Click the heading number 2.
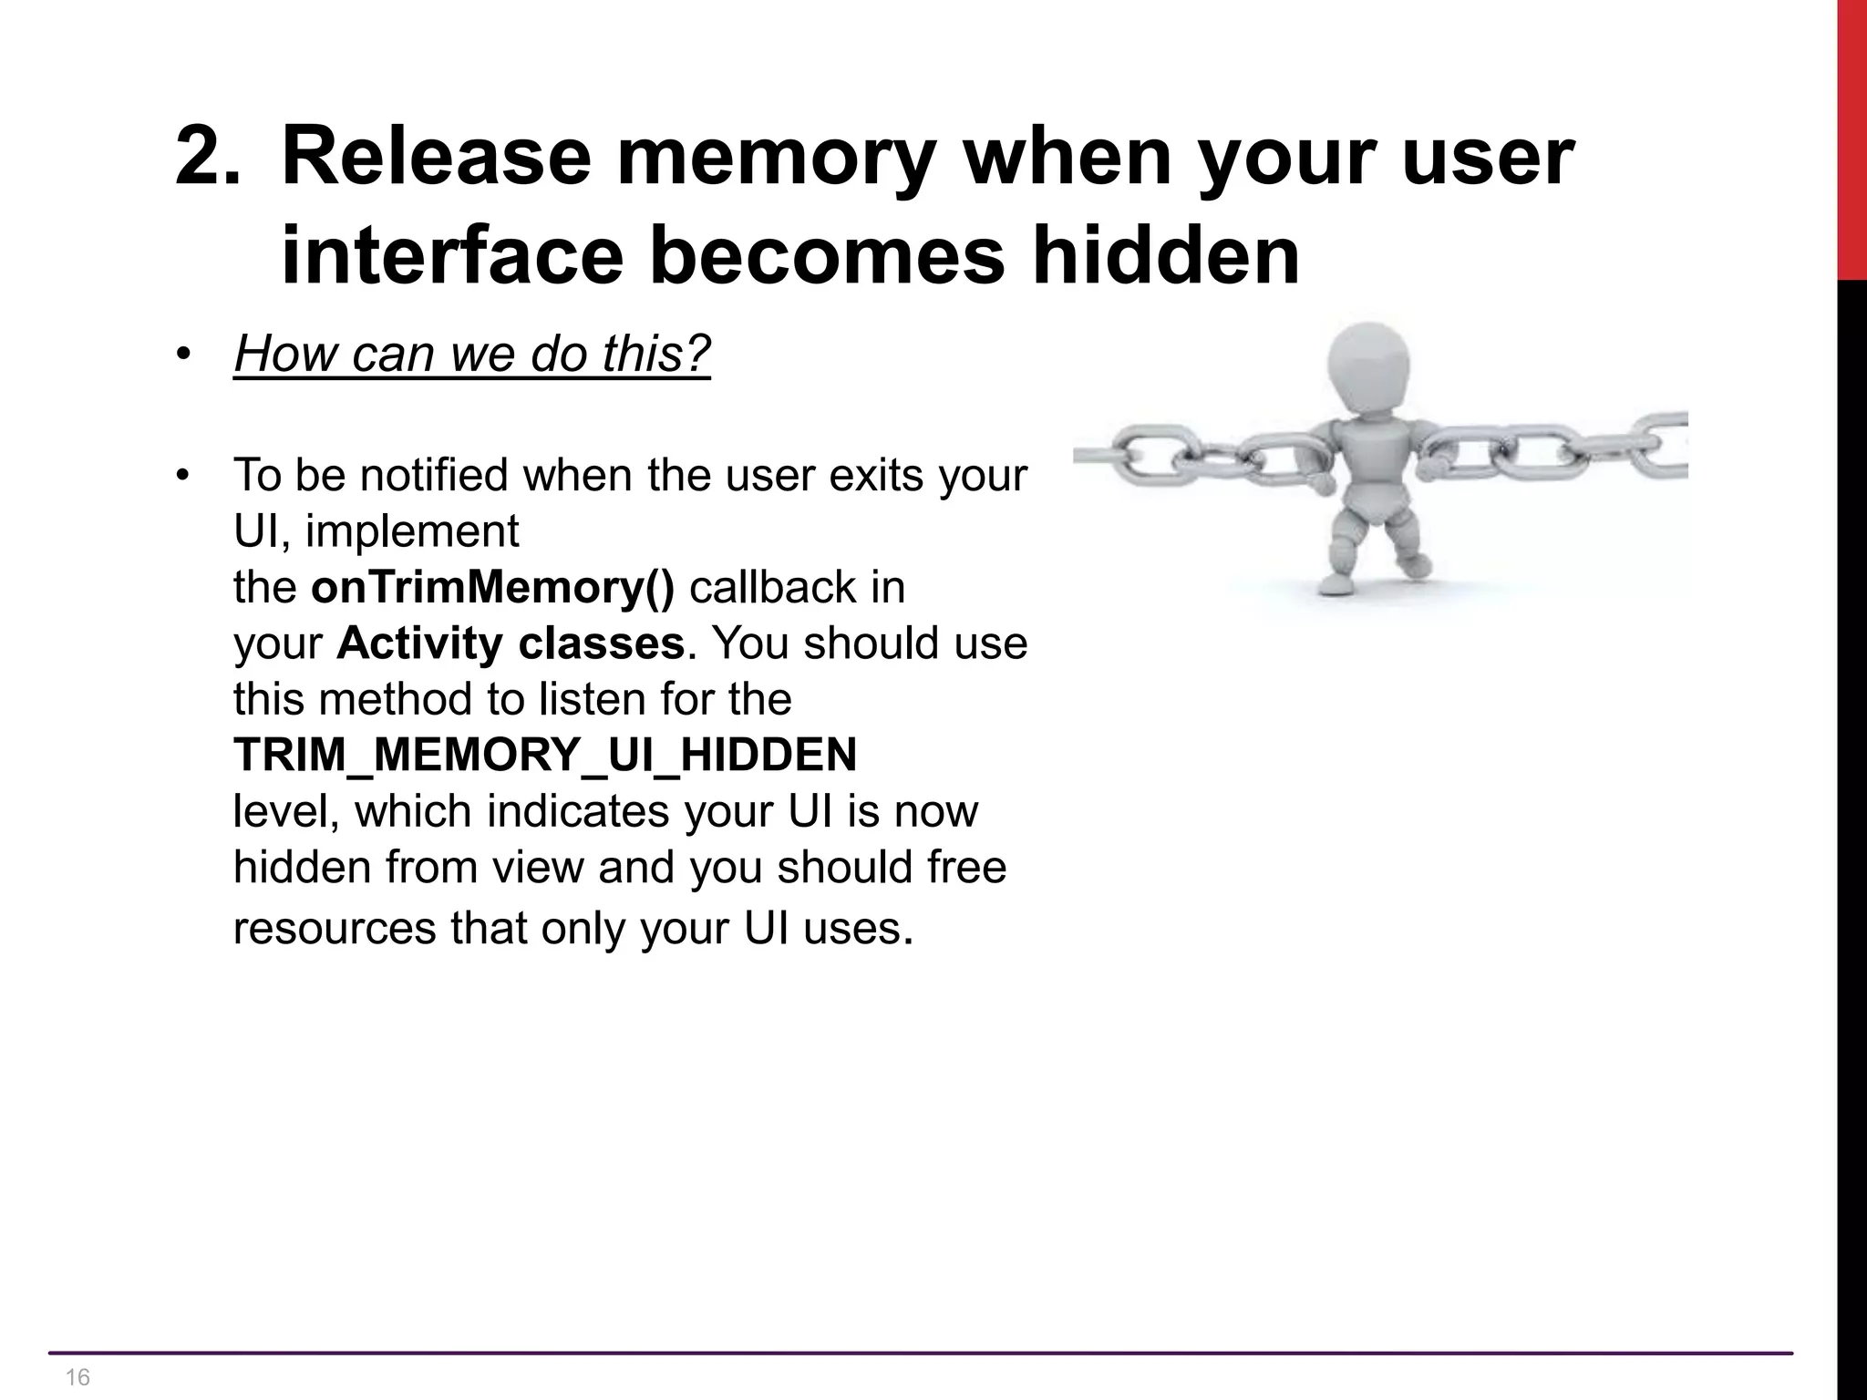[208, 157]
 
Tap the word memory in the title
[775, 157]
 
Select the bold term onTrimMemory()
[492, 587]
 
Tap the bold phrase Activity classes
[511, 643]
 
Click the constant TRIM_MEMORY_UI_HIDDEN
[545, 755]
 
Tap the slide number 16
[78, 1376]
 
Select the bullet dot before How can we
[183, 355]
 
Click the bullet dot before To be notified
[183, 476]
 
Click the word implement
[412, 530]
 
